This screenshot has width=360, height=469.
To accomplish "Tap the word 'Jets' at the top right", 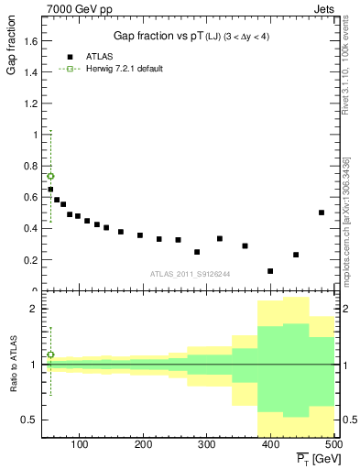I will coord(324,8).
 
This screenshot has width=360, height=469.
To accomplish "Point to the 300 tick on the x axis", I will coord(206,444).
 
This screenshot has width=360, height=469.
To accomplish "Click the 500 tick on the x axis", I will coord(333,444).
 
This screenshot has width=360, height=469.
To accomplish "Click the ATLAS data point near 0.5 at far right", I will coord(322,213).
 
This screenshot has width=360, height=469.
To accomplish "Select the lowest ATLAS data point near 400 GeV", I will coord(270,271).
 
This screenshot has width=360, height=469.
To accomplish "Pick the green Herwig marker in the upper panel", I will coord(50,176).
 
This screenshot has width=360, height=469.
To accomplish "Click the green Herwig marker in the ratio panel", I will coord(50,354).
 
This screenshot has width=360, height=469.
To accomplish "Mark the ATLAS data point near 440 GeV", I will coord(296,255).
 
